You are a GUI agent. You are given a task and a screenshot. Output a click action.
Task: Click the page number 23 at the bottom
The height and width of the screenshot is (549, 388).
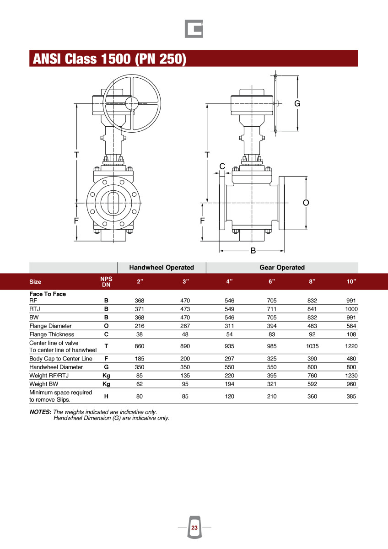pos(194,527)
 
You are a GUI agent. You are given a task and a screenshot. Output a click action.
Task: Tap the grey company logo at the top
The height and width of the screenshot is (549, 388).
pos(194,29)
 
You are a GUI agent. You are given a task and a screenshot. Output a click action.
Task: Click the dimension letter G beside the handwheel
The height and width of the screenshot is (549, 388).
pos(297,103)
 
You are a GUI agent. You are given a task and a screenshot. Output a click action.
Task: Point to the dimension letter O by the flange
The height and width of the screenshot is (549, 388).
pos(306,203)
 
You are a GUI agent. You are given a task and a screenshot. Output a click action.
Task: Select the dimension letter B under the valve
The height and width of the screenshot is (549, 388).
pos(253,251)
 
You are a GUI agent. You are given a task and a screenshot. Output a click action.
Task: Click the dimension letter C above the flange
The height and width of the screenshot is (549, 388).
pos(222,166)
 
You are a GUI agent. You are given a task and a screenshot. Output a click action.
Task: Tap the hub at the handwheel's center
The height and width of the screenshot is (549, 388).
pos(132,103)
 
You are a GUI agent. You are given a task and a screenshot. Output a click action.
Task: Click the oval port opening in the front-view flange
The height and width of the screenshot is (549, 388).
pos(113,203)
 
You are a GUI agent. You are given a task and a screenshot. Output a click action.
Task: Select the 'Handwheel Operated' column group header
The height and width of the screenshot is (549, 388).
pos(162,267)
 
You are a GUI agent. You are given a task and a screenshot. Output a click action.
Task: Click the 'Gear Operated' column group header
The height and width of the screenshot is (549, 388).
pos(282,267)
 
